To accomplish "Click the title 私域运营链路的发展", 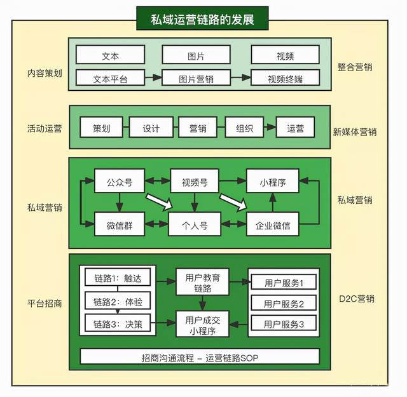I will (x=202, y=20).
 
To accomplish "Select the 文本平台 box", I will (x=110, y=79).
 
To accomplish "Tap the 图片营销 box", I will (x=196, y=79).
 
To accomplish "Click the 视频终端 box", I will (x=285, y=79).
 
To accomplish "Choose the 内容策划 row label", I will (x=45, y=73).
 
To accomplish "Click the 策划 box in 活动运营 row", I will (x=101, y=128).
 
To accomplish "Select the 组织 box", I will (x=244, y=128).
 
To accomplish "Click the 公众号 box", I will (x=119, y=182).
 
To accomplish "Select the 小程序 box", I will (x=272, y=182).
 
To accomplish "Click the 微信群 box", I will (x=119, y=224).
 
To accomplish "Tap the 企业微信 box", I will (x=272, y=224).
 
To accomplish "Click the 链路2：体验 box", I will (x=114, y=301).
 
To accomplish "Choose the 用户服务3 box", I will (x=284, y=324).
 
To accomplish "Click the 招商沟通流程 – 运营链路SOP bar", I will (x=200, y=358).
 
